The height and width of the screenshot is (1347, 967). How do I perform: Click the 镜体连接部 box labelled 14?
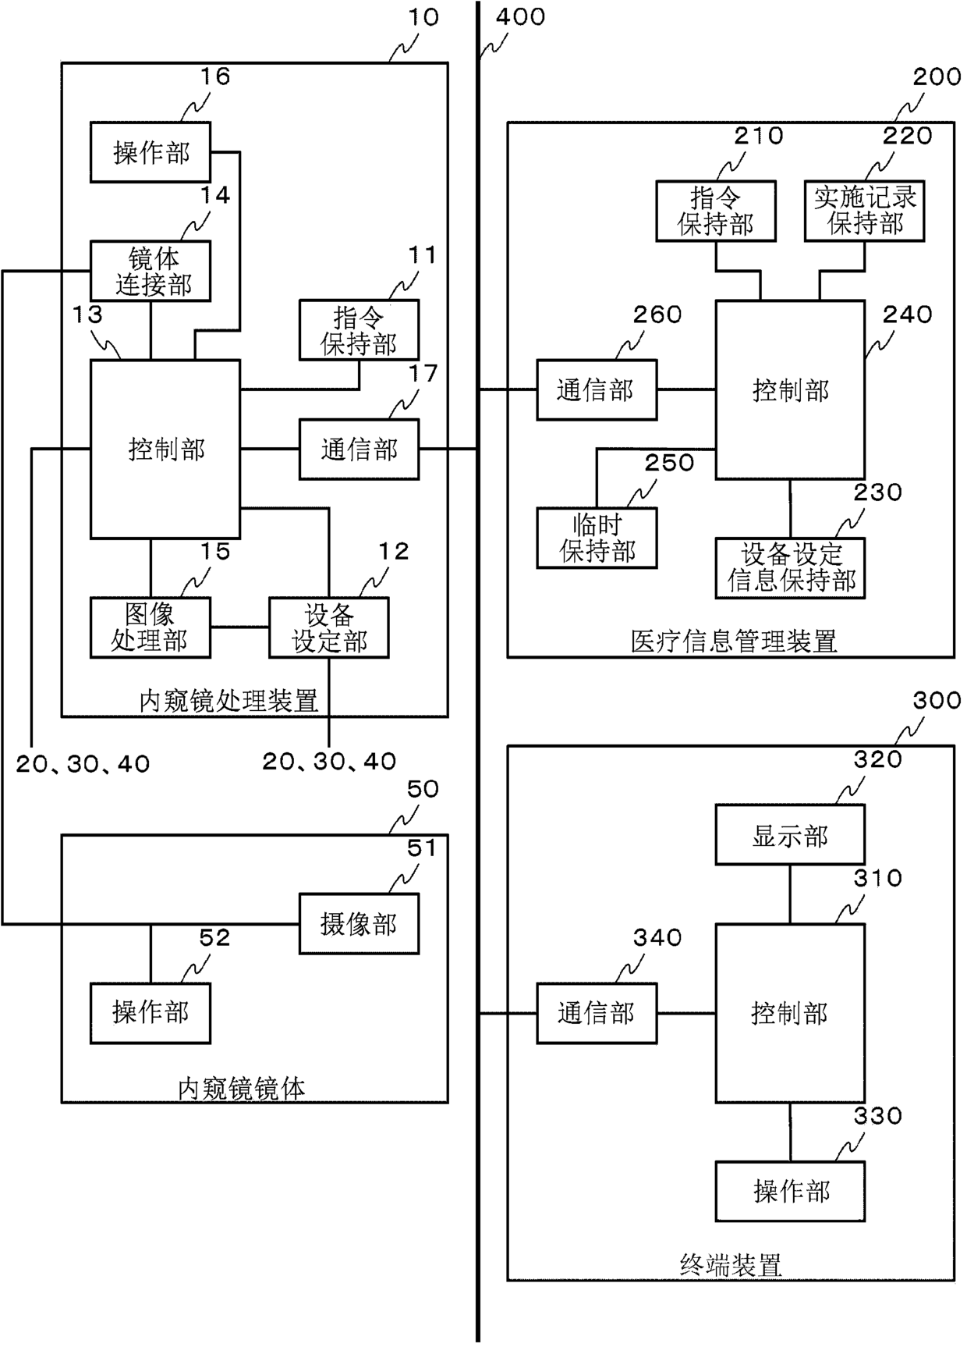tap(151, 271)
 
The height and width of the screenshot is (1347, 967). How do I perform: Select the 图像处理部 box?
tap(151, 627)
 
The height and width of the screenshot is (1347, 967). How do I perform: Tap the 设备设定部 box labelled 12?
tap(328, 627)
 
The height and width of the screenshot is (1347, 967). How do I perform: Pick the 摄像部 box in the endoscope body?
tap(359, 924)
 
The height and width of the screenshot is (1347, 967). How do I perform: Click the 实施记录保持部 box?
tap(864, 211)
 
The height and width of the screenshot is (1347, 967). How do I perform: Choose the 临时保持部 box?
tap(597, 538)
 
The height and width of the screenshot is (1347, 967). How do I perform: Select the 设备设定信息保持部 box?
tap(790, 568)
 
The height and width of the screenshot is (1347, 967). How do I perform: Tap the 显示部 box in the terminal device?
tap(790, 835)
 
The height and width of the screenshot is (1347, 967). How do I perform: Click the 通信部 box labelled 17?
tap(359, 449)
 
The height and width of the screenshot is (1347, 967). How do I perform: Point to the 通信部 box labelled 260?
tap(597, 389)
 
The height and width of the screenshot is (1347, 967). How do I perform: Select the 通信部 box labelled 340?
tap(597, 1013)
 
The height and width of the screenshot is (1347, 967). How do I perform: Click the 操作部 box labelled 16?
tap(151, 152)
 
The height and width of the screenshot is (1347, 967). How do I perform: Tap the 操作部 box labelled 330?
tap(790, 1191)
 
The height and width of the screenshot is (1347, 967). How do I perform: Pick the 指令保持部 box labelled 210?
tap(716, 211)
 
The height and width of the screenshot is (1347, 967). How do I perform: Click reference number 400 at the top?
tap(520, 16)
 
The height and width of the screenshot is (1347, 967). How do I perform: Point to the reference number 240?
tap(907, 314)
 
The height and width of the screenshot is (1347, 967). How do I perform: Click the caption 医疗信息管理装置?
tap(733, 642)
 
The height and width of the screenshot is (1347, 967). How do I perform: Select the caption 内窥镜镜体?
tap(242, 1088)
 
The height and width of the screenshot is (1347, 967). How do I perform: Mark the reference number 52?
tap(214, 937)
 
